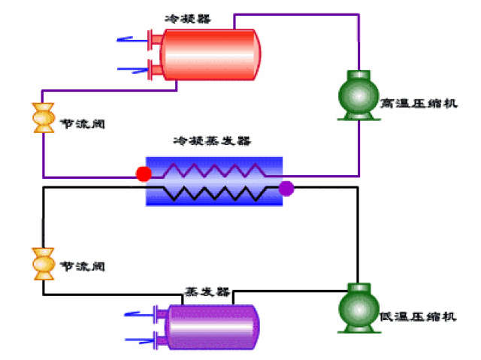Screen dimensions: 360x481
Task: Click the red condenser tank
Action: (x=207, y=54)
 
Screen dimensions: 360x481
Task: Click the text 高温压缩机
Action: (x=418, y=102)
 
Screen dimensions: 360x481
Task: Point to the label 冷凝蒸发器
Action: (x=212, y=141)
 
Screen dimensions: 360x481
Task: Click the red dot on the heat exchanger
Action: (x=143, y=174)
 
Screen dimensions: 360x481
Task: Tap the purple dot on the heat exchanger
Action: (x=286, y=188)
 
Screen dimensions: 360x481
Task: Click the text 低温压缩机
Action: (x=418, y=316)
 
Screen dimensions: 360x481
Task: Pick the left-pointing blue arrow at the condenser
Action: (x=129, y=38)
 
